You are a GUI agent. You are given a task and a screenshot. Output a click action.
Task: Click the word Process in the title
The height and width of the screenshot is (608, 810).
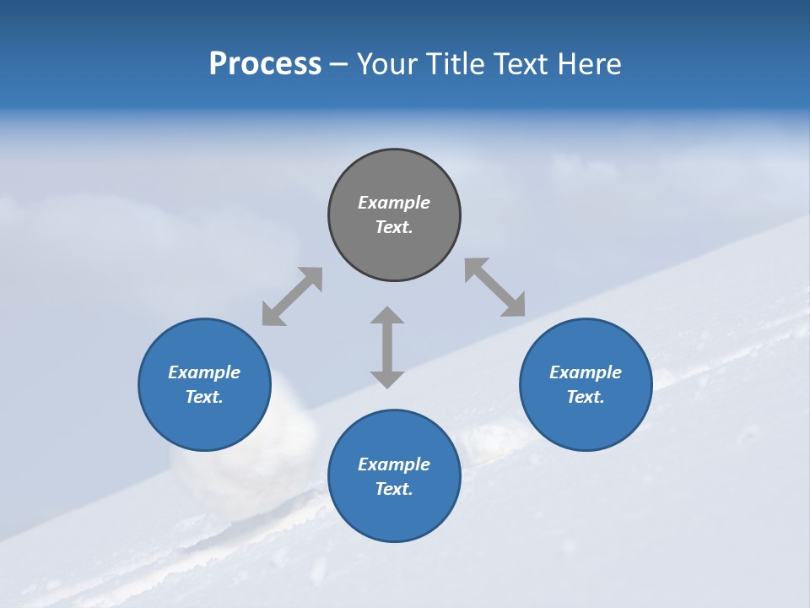(265, 64)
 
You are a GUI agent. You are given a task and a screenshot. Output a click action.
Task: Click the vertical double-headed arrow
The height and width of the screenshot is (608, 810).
(387, 347)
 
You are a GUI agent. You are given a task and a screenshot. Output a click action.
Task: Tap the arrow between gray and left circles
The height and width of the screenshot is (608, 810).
(292, 296)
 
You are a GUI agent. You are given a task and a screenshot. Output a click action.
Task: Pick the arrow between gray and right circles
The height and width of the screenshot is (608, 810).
(495, 287)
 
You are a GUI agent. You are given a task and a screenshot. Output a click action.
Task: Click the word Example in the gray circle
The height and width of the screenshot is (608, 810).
(394, 203)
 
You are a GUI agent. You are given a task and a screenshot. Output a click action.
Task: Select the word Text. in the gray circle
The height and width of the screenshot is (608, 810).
(394, 227)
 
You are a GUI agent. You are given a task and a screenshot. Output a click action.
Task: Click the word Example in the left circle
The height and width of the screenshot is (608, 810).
(204, 372)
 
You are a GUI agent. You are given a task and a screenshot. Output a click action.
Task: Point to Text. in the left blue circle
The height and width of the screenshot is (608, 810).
(204, 397)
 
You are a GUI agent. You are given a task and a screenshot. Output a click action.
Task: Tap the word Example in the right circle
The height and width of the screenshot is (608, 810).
(586, 372)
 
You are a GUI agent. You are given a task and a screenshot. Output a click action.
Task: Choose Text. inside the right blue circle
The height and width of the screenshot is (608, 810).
(586, 397)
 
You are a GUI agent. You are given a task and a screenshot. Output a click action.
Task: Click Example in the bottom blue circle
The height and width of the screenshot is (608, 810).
(394, 464)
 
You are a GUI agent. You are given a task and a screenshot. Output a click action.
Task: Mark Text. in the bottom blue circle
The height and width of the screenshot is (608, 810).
(394, 489)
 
